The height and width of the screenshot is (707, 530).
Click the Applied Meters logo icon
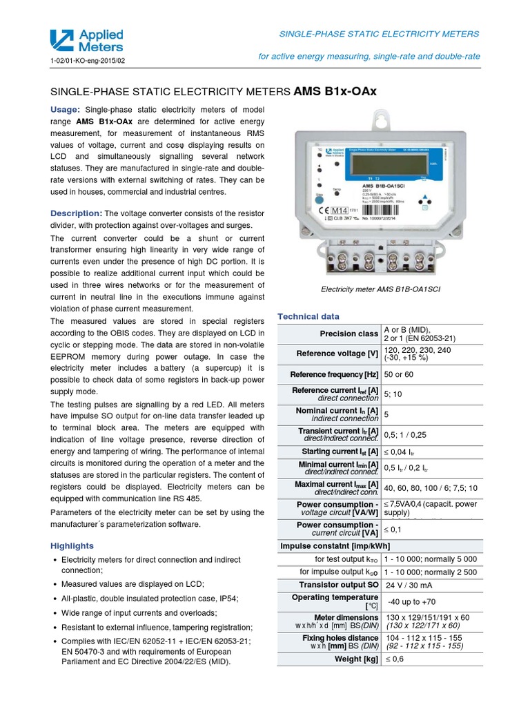(x=63, y=41)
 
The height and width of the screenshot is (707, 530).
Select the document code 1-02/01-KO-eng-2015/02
(x=88, y=61)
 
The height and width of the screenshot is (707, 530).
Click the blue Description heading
(x=77, y=213)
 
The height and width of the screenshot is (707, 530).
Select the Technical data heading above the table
(x=308, y=316)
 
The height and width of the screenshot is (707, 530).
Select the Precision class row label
(x=349, y=334)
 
